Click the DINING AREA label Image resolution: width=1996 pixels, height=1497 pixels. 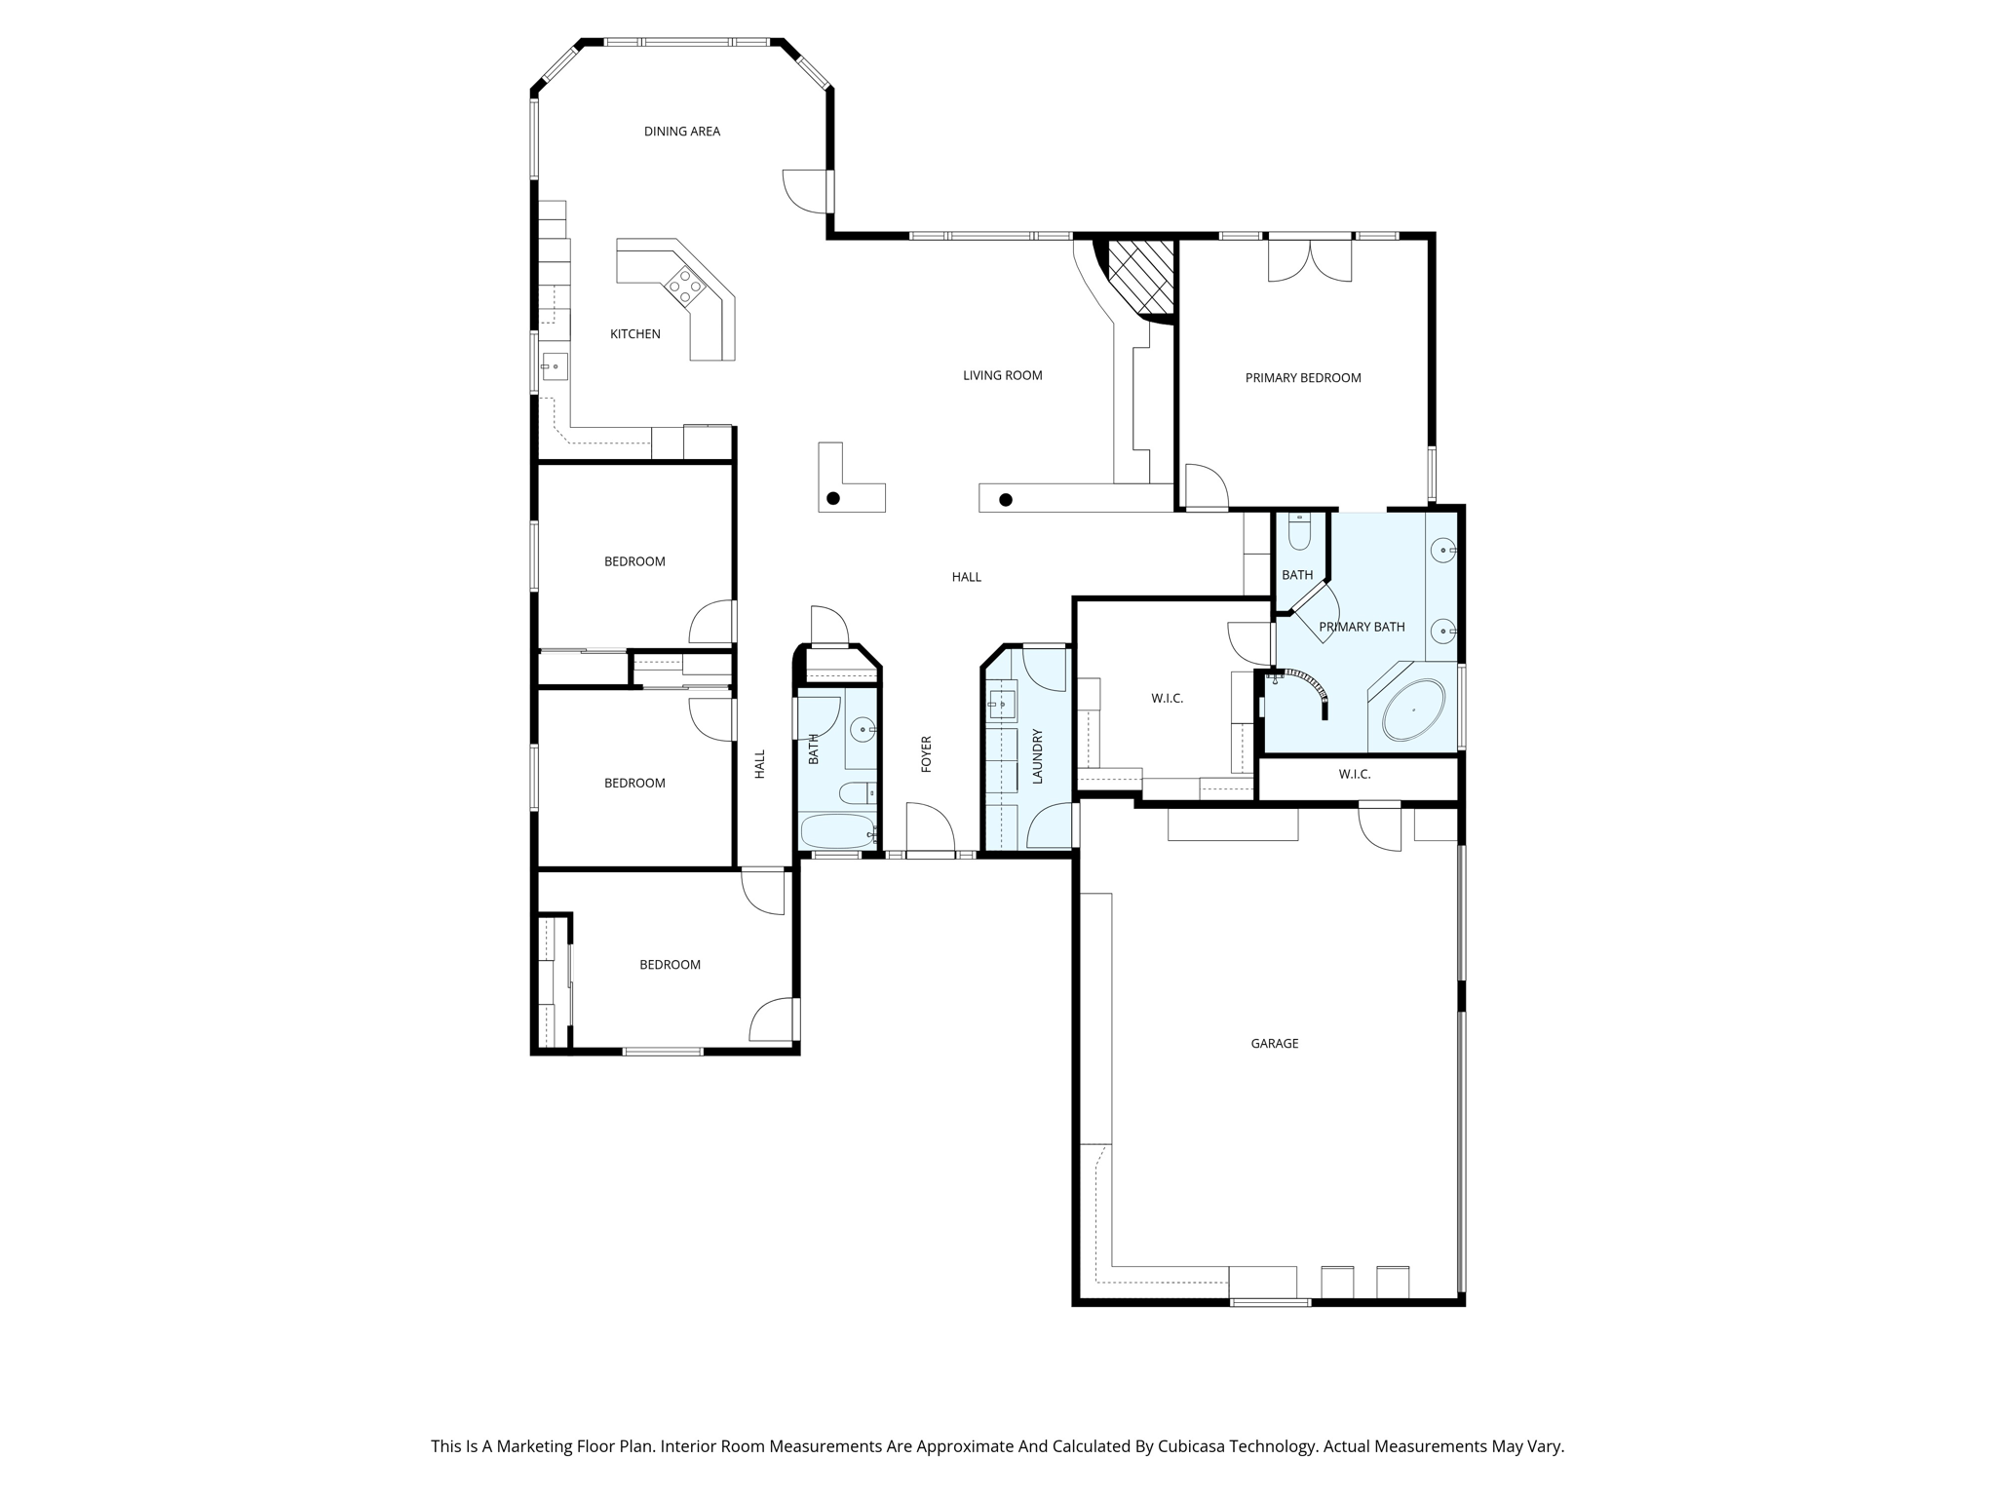pyautogui.click(x=681, y=132)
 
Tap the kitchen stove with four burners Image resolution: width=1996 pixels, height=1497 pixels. pyautogui.click(x=685, y=285)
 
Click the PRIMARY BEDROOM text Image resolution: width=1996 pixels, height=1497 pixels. pyautogui.click(x=1303, y=378)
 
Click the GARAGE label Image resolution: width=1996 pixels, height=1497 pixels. pyautogui.click(x=1274, y=1044)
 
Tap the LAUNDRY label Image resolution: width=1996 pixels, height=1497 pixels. pyautogui.click(x=1037, y=756)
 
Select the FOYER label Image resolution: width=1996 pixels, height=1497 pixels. pyautogui.click(x=927, y=754)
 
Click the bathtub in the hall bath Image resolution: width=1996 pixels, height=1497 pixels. pyautogui.click(x=837, y=831)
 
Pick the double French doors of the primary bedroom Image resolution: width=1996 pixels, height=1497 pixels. pyautogui.click(x=1310, y=260)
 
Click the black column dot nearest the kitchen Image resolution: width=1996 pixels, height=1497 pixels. pyautogui.click(x=833, y=499)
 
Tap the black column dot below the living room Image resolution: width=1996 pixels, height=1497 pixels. pyautogui.click(x=1006, y=500)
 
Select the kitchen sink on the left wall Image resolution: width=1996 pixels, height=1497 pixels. pyautogui.click(x=555, y=366)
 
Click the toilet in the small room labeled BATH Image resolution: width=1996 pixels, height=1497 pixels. pyautogui.click(x=1300, y=532)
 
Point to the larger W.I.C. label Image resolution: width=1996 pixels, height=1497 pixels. pyautogui.click(x=1167, y=699)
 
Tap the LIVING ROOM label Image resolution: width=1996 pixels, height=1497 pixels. pyautogui.click(x=1002, y=375)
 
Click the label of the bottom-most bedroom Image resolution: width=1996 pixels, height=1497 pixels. pyautogui.click(x=670, y=965)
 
